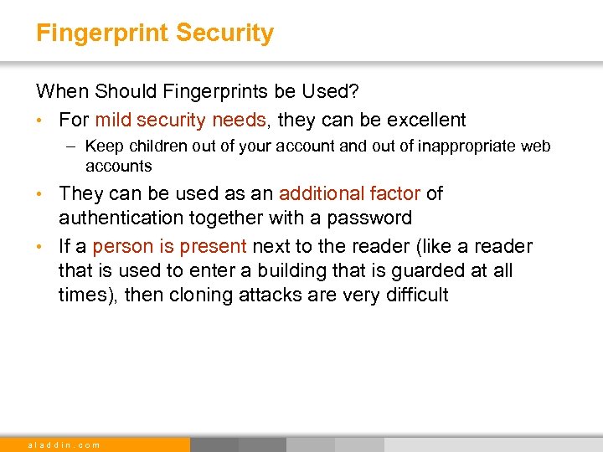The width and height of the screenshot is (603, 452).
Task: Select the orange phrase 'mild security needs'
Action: click(x=180, y=120)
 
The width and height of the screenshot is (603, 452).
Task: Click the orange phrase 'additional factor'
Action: click(x=349, y=193)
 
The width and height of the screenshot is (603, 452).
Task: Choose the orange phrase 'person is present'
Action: click(x=169, y=246)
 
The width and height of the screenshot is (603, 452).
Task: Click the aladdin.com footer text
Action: click(x=64, y=444)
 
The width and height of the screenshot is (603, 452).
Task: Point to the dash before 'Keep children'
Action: click(x=72, y=146)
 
